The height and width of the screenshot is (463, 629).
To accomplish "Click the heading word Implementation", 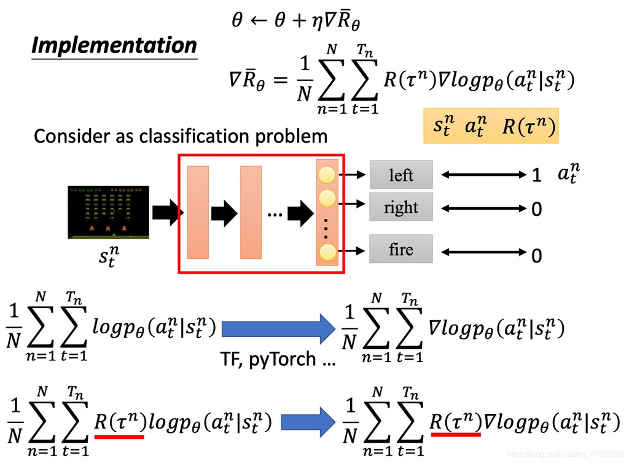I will [x=114, y=46].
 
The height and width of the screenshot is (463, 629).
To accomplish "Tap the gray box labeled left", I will [x=400, y=175].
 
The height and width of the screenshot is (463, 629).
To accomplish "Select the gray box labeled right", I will [x=400, y=207].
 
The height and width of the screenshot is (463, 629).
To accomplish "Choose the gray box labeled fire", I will [x=400, y=250].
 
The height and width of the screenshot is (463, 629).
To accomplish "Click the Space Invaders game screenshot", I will [x=108, y=212].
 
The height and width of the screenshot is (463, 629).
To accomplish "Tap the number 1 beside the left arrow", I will [x=536, y=176].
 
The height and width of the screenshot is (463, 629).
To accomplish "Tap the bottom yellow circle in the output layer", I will [x=327, y=251].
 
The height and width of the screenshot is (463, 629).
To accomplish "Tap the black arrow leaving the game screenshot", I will [x=165, y=213].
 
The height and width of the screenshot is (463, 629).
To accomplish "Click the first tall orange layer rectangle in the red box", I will [x=198, y=212].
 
